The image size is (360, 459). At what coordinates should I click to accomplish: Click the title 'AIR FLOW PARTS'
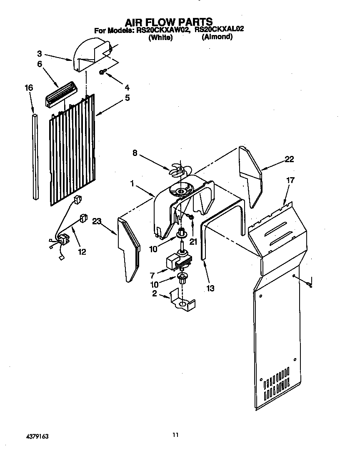coord(169,21)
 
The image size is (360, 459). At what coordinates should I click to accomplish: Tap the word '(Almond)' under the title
coord(217,37)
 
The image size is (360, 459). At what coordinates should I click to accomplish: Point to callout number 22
coord(289,159)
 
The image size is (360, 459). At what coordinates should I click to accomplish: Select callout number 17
coord(290,181)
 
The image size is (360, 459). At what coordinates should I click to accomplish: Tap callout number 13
coord(210,288)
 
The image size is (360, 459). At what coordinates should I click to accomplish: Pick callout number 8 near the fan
coord(135,153)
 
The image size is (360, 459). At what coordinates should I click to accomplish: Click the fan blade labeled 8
coord(179,168)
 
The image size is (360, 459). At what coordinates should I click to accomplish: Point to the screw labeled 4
coord(102,73)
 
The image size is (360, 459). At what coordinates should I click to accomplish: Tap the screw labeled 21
coord(192,217)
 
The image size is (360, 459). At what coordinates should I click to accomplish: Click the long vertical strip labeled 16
coord(35,154)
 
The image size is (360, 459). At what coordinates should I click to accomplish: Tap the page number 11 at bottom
coord(175,435)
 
